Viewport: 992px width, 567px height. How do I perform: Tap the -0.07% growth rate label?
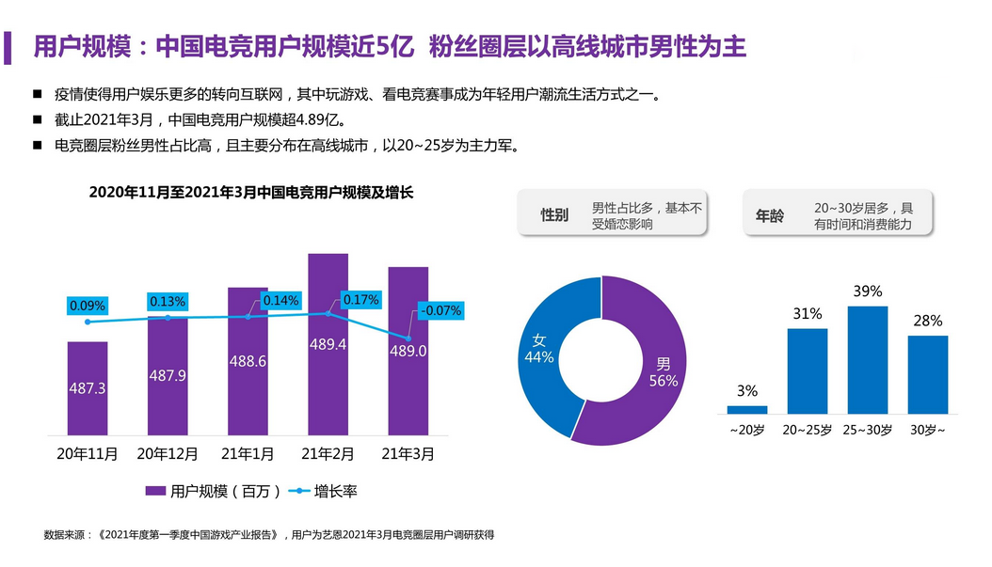[441, 310]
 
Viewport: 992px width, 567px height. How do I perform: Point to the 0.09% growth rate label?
[88, 306]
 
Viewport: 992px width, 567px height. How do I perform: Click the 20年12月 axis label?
[168, 454]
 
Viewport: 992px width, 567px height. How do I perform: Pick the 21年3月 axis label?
[408, 454]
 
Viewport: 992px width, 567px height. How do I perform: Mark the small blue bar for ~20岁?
[747, 409]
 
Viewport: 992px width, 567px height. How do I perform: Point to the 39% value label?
[867, 291]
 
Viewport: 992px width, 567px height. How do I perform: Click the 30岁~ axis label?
[928, 430]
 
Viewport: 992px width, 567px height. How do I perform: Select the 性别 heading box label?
[554, 215]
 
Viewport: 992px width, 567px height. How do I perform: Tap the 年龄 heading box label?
[769, 215]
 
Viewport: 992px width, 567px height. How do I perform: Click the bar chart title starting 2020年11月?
[251, 192]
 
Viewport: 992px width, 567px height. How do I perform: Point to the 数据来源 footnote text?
[269, 535]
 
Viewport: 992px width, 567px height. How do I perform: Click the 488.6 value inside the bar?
[248, 360]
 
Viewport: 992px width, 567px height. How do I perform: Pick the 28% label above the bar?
[928, 321]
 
